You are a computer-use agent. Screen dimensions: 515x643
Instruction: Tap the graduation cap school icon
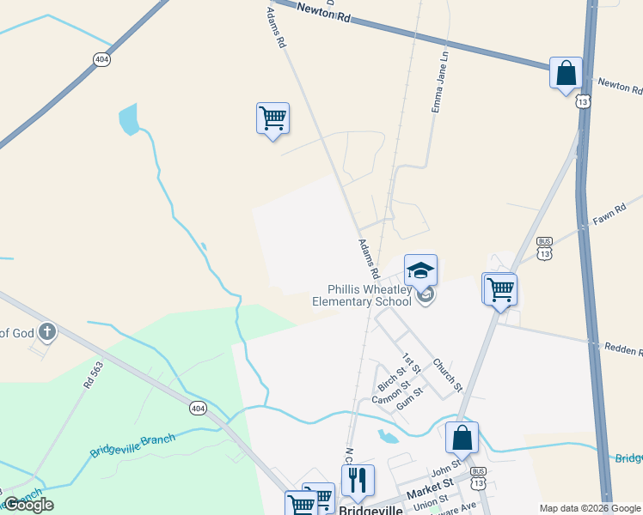[420, 270]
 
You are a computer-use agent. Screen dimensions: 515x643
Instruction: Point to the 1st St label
[412, 362]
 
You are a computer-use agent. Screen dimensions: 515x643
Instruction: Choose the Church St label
[447, 373]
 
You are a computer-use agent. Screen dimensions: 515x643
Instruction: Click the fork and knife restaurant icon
[358, 480]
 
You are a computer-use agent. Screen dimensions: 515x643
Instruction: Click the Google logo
[28, 505]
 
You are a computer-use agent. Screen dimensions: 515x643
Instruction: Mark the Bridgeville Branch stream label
[132, 445]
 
